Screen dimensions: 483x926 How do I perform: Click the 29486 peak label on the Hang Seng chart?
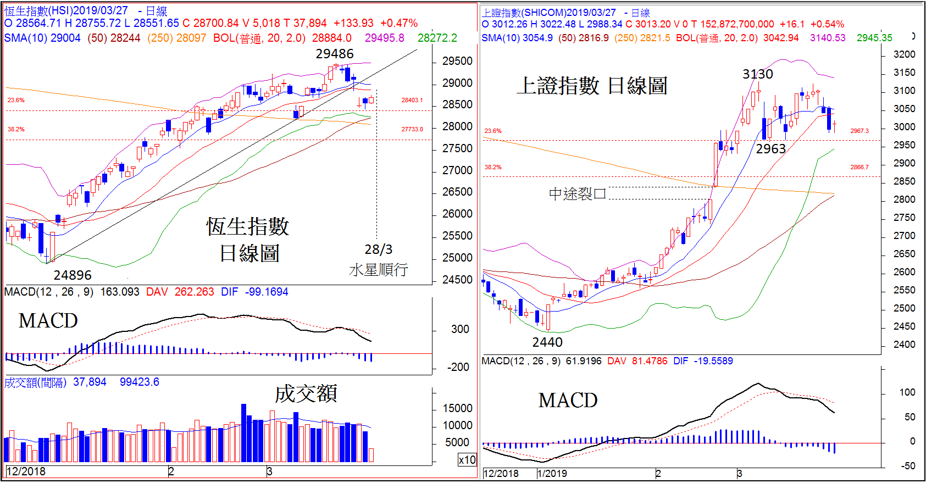tap(334, 54)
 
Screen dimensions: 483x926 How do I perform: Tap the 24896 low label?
tap(73, 275)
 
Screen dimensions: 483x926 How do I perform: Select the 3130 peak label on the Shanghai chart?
tap(757, 74)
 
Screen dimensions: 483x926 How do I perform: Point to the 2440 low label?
tap(547, 342)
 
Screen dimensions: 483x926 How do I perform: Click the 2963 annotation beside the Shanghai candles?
tap(770, 149)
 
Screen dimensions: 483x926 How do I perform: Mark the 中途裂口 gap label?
tap(577, 193)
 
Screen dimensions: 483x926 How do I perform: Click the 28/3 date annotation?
tap(379, 249)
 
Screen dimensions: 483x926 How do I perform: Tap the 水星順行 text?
tap(379, 270)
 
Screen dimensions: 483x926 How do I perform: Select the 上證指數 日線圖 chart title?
tap(592, 86)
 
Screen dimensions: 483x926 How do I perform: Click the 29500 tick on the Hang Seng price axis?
tap(457, 61)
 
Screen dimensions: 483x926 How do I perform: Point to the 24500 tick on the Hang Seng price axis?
tap(457, 280)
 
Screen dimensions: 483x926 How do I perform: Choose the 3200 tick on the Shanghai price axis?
tap(904, 54)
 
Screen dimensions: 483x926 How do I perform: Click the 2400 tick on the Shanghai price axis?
tap(904, 345)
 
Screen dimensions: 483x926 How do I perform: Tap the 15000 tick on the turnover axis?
tap(458, 408)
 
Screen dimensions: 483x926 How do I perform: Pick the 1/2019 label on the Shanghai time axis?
tap(552, 474)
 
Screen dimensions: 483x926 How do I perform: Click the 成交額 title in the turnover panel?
tap(306, 393)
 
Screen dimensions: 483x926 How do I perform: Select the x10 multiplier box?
tap(467, 460)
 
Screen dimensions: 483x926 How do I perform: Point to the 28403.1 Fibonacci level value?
tap(412, 100)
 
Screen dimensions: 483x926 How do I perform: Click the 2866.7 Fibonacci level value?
tap(860, 167)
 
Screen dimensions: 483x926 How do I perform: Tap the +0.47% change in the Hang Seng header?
tap(399, 23)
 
